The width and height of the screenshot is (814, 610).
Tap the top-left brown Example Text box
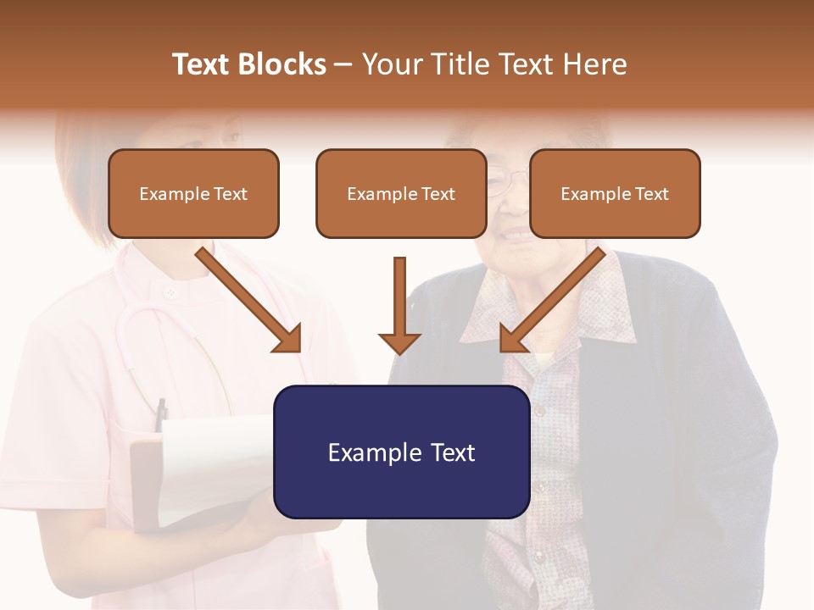(193, 194)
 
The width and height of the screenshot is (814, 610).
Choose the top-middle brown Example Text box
(401, 194)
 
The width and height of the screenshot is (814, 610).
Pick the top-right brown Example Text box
(615, 194)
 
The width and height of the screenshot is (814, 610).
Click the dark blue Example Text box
(402, 452)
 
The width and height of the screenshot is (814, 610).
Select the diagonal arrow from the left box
(249, 299)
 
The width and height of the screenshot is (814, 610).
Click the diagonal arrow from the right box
(553, 299)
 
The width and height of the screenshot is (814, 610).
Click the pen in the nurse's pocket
(160, 415)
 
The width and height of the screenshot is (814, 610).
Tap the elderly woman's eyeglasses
(498, 180)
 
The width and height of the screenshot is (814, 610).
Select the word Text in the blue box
(447, 452)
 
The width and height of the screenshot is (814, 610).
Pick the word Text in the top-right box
(650, 194)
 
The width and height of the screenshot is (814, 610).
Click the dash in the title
(343, 64)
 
